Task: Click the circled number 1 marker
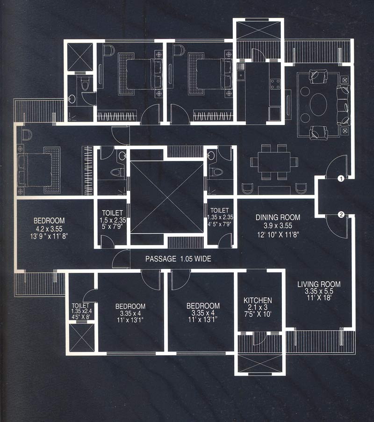point(341,178)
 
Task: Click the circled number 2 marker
point(341,215)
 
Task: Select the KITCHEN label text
point(258,300)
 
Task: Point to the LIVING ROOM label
point(319,284)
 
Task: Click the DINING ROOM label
point(278,218)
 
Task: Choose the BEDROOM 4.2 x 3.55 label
point(49,221)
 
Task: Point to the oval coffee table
point(319,104)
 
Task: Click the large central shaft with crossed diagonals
point(167,196)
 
